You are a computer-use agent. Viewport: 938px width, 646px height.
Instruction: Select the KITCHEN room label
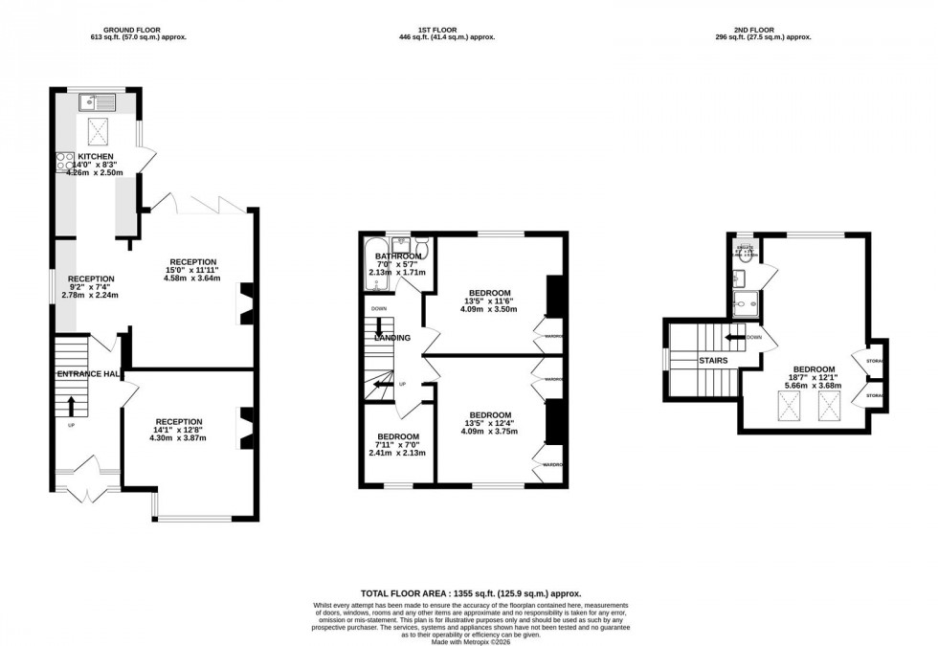coord(96,156)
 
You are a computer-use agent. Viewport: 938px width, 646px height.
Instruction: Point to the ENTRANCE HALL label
coord(87,373)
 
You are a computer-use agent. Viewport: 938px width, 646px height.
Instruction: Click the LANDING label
coord(392,338)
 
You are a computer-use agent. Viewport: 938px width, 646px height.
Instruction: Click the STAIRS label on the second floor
coord(712,361)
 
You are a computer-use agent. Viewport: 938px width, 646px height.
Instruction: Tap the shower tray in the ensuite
coord(744,302)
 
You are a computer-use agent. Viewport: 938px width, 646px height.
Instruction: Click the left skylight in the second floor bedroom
coord(790,409)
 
